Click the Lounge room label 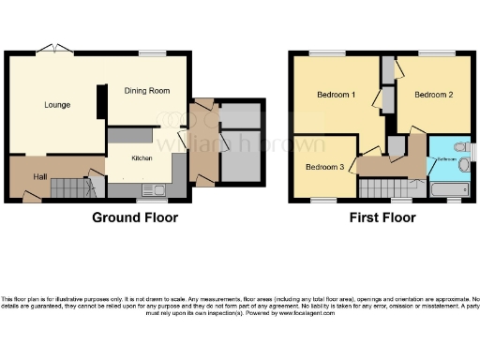(57, 105)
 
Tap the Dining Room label (147, 91)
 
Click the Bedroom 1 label (335, 95)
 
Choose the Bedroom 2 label (434, 95)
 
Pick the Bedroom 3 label (322, 167)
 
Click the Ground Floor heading (134, 217)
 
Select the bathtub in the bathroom (448, 188)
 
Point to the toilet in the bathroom (459, 147)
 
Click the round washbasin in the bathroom (464, 165)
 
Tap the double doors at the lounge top (52, 49)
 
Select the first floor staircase (382, 187)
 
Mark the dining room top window (151, 53)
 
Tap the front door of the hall (31, 197)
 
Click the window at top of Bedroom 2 (430, 53)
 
